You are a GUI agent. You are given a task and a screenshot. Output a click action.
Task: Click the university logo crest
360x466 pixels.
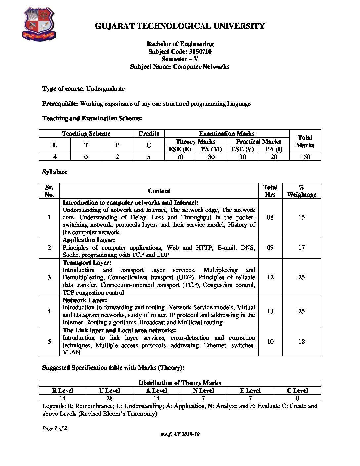[x=39, y=25]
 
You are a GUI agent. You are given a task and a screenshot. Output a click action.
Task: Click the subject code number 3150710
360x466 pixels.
[x=200, y=52]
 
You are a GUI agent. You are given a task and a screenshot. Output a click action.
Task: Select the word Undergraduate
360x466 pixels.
[x=106, y=89]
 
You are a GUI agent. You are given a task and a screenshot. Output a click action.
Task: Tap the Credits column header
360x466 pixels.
[x=149, y=134]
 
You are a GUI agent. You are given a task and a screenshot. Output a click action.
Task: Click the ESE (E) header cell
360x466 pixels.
[x=180, y=149]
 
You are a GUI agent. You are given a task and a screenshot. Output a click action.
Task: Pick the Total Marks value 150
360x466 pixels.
[x=305, y=157]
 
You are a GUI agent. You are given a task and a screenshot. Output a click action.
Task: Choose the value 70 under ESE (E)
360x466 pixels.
[x=180, y=157]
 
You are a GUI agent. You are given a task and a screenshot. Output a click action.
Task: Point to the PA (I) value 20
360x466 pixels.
[x=274, y=157]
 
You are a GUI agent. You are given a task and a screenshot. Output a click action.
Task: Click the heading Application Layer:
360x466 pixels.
[x=89, y=240]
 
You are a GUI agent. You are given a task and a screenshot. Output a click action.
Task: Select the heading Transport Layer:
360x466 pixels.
[x=87, y=263]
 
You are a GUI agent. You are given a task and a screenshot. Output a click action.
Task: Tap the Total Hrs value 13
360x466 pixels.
[x=270, y=311]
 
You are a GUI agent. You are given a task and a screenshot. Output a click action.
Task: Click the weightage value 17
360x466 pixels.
[x=301, y=247]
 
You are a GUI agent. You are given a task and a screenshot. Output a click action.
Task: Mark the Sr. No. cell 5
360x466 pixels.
[x=49, y=341]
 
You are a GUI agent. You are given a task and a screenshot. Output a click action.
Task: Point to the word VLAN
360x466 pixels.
[x=71, y=352]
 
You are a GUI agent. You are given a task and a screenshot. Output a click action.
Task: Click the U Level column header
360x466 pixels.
[x=109, y=391]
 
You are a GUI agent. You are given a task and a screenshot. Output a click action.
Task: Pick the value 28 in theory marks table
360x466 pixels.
[x=109, y=398]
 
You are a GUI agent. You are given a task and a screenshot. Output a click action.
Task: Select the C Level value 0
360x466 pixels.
[x=297, y=398]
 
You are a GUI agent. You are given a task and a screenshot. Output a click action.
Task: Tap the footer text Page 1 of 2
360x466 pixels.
[x=55, y=428]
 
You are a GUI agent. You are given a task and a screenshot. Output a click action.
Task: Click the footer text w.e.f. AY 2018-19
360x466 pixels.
[x=180, y=434]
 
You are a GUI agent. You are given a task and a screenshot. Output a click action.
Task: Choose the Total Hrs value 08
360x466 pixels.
[x=270, y=217]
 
